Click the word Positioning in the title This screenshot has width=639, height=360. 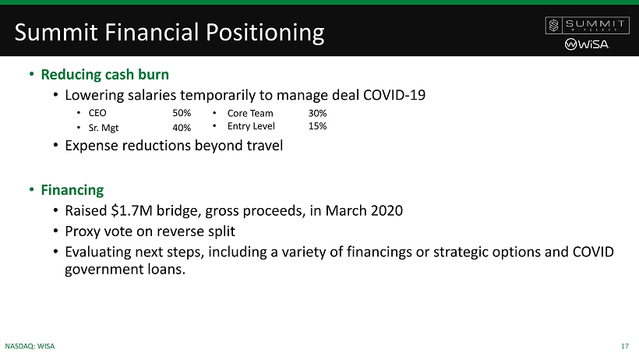(x=265, y=33)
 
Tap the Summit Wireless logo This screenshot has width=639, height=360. (x=588, y=25)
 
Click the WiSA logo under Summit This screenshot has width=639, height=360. (x=587, y=44)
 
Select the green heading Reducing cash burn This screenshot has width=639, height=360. (x=104, y=75)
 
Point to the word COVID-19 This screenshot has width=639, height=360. (x=394, y=95)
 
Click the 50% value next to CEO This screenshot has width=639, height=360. (x=182, y=113)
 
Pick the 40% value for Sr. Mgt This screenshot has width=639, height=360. (x=182, y=128)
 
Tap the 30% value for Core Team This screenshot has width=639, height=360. (x=317, y=113)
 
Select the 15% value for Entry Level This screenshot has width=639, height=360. (x=317, y=126)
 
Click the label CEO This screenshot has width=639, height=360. (x=97, y=113)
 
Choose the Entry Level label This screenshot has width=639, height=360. (x=251, y=126)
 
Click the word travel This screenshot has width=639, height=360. (x=264, y=146)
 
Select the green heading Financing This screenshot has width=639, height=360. (x=72, y=190)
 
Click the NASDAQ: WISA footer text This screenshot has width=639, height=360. (x=30, y=346)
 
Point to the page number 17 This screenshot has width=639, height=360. (x=625, y=346)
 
